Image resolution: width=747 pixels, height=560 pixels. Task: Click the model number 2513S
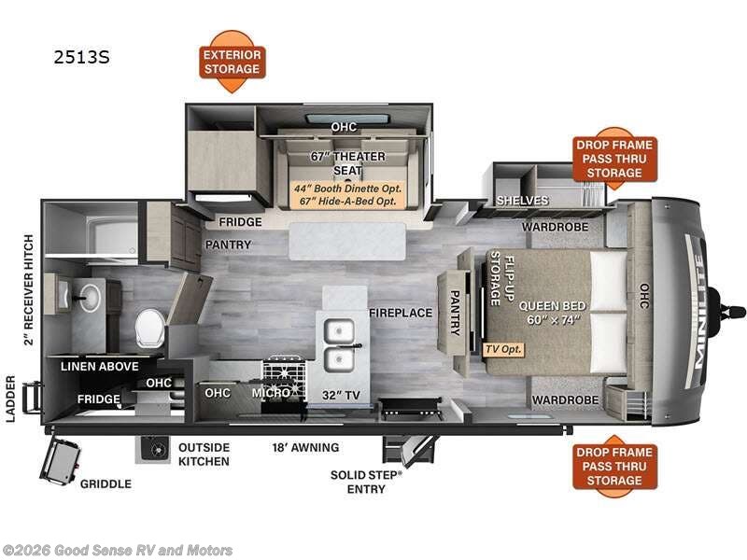click(81, 57)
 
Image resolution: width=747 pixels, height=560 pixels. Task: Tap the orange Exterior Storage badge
click(233, 63)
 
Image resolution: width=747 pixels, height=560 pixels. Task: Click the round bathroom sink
click(89, 296)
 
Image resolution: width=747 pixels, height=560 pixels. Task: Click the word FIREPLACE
click(400, 313)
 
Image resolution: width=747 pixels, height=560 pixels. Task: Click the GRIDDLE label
click(105, 483)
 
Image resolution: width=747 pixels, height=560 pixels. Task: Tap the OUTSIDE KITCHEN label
click(204, 455)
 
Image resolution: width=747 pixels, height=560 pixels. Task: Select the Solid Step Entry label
click(366, 482)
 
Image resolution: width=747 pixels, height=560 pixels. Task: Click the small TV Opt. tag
click(504, 349)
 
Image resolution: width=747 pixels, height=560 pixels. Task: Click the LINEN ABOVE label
click(100, 366)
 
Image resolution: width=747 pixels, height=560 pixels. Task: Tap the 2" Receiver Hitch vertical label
click(29, 289)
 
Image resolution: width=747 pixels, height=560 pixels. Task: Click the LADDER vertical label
click(10, 399)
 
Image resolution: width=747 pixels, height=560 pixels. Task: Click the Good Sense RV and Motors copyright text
click(119, 551)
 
